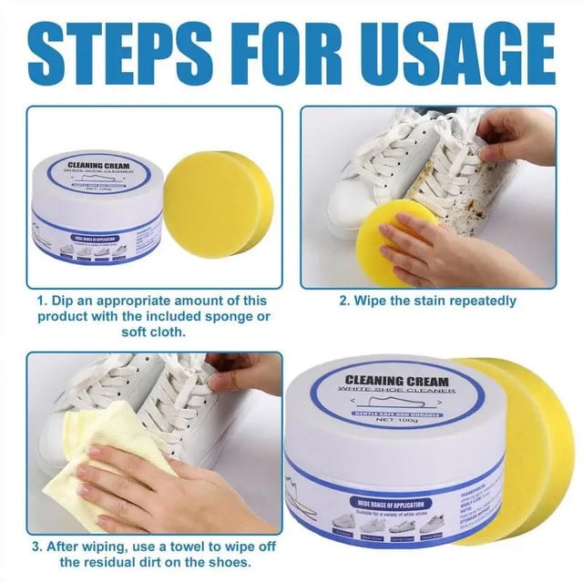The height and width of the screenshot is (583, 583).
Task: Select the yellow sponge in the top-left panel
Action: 216,203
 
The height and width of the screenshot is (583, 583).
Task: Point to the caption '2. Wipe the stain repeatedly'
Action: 428,301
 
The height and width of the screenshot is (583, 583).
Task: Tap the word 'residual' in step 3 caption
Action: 103,563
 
